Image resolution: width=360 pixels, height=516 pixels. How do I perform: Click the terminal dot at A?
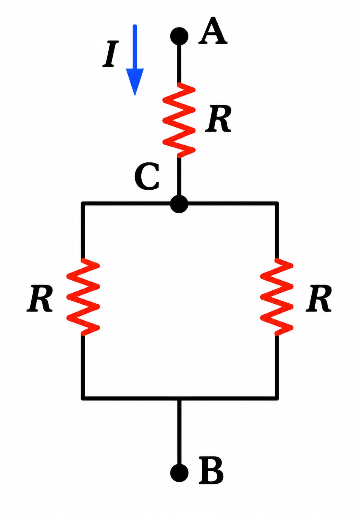(179, 36)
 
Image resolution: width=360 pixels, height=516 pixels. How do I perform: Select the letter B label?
(211, 470)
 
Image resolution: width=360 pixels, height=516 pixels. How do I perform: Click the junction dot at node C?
(179, 204)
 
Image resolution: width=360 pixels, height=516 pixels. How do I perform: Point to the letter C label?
(147, 177)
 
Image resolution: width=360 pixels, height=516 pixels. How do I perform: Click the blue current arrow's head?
(135, 82)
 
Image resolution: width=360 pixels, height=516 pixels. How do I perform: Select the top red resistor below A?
(179, 120)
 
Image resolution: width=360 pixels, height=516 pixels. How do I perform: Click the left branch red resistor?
(83, 297)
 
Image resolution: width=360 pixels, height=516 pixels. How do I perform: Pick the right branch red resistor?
(277, 297)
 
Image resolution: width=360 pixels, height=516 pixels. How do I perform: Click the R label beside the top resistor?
(218, 119)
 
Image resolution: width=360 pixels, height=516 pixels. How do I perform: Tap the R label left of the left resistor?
(40, 299)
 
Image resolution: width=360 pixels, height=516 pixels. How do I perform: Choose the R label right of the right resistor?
(319, 299)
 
